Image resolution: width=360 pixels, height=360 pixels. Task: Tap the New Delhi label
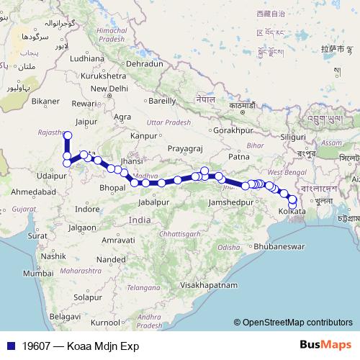[x=108, y=88]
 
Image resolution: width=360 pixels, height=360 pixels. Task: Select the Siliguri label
[x=292, y=135]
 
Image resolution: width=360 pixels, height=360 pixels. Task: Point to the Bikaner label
[x=45, y=102]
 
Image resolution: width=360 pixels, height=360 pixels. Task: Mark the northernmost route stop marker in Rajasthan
[x=68, y=135]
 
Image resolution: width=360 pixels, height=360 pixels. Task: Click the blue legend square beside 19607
[x=12, y=346]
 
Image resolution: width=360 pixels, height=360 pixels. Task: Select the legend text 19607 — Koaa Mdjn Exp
[x=80, y=346]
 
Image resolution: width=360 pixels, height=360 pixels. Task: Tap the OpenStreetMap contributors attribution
[x=298, y=322]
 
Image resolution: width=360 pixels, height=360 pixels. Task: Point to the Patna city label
[x=238, y=156]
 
